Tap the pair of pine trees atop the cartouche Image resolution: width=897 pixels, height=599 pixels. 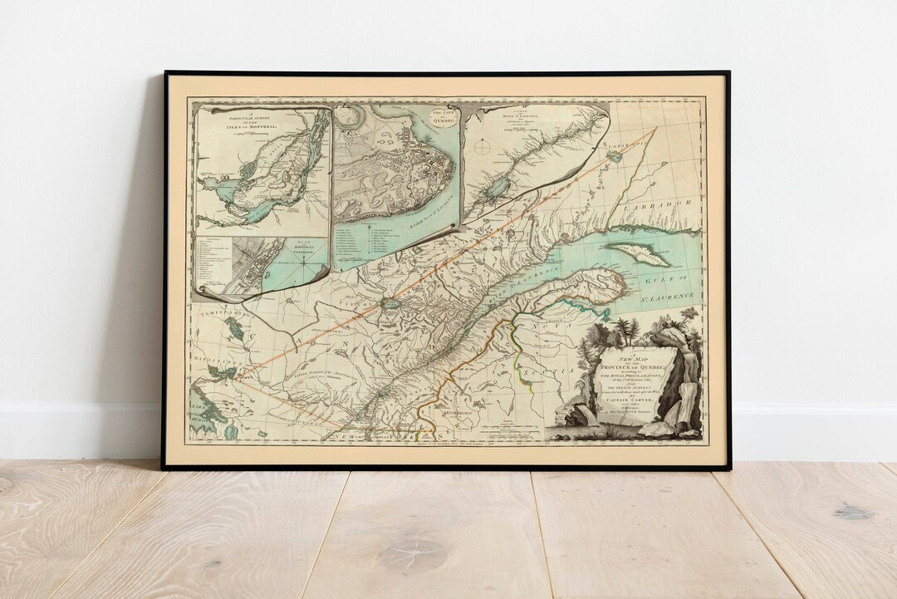[x=627, y=330]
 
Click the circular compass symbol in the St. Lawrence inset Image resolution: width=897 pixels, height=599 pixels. [x=483, y=150]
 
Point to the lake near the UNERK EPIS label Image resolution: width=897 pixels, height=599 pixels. [x=615, y=155]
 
